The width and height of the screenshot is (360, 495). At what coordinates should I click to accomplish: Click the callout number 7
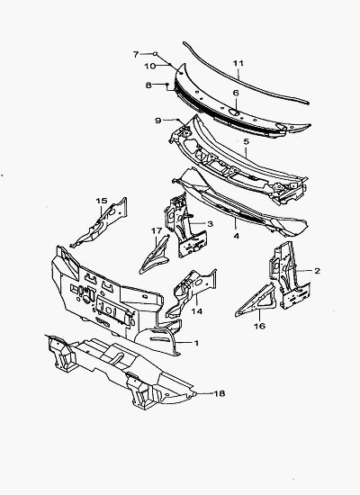tap(136, 54)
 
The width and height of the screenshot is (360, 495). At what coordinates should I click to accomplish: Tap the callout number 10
tap(150, 66)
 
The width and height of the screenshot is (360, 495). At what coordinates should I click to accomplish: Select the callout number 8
tap(148, 85)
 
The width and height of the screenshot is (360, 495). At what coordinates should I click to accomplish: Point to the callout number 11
tap(238, 63)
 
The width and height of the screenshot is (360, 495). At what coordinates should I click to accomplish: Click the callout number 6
tap(236, 93)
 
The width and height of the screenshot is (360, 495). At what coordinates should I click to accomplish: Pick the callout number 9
tap(158, 121)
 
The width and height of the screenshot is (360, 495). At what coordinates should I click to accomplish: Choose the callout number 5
tap(246, 141)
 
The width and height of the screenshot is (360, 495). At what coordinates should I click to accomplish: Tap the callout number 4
tap(236, 236)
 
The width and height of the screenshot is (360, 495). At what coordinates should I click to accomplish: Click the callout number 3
tap(210, 224)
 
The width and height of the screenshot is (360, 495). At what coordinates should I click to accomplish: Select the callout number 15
tap(102, 201)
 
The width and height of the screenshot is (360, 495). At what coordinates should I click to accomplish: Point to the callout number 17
tap(157, 231)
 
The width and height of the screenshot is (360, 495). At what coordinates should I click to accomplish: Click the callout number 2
tap(317, 271)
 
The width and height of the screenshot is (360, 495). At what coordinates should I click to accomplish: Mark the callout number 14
tap(196, 311)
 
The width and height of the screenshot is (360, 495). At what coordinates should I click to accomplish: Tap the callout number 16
tap(259, 326)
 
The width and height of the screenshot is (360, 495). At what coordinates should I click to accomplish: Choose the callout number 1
tap(196, 343)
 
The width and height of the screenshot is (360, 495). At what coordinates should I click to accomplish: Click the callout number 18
tap(220, 393)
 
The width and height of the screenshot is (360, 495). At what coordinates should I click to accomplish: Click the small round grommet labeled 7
tap(156, 54)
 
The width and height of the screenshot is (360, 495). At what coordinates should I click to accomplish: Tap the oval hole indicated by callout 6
tap(234, 112)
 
